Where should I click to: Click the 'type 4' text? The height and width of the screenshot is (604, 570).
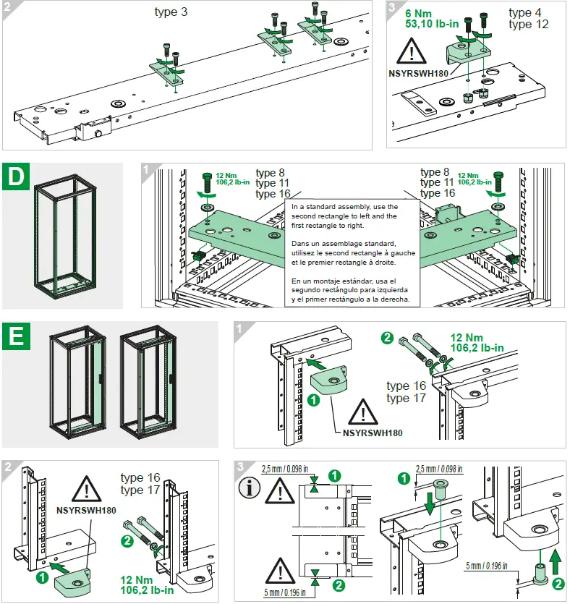click(x=529, y=13)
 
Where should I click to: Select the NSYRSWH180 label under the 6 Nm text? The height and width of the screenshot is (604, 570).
click(x=417, y=73)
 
